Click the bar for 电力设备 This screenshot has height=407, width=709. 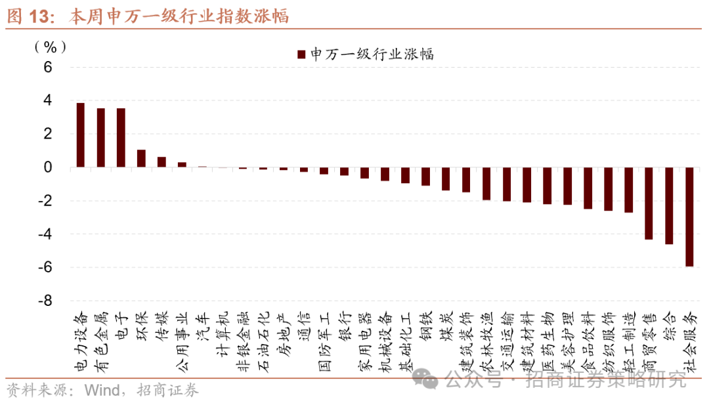(x=81, y=135)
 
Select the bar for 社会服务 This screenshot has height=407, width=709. (x=689, y=217)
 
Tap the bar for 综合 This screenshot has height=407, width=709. (x=669, y=206)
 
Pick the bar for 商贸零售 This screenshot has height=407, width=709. (x=649, y=203)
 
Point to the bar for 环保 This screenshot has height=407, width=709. (x=141, y=159)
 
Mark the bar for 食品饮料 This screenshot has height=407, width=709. (x=588, y=188)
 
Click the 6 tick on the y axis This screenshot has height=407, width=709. (x=47, y=67)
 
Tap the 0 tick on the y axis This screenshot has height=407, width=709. (x=47, y=167)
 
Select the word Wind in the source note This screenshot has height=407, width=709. (x=101, y=391)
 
